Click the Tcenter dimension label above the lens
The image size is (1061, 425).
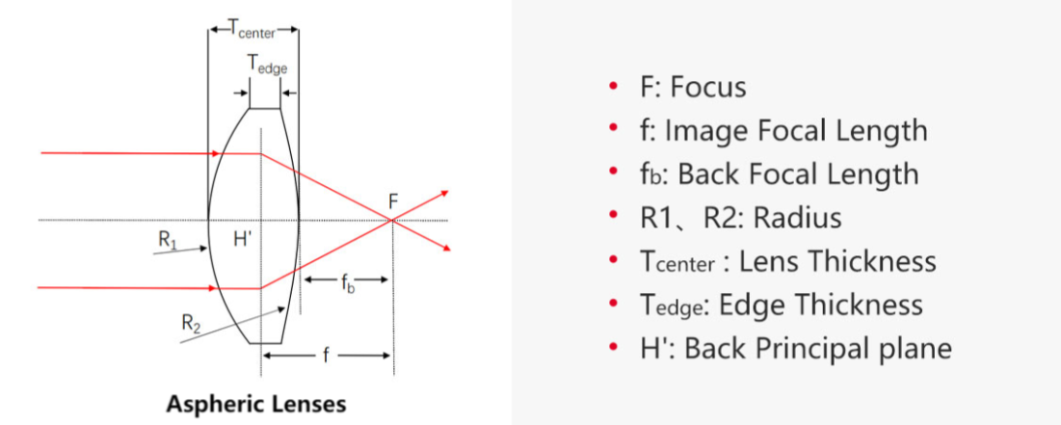[252, 29]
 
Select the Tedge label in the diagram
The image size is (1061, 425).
[267, 65]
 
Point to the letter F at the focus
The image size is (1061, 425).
[393, 201]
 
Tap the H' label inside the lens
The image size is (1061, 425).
[242, 238]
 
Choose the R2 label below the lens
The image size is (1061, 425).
[193, 322]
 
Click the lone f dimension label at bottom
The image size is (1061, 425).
[326, 356]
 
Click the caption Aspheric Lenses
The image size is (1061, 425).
[256, 402]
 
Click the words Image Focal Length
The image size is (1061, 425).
[796, 130]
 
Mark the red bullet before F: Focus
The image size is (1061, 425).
[613, 88]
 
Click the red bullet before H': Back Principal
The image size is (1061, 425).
[613, 348]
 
